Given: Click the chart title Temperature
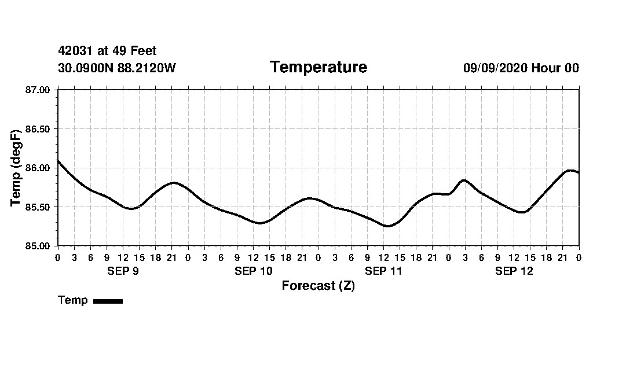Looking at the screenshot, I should [318, 67].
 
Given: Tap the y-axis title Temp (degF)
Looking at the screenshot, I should [16, 168].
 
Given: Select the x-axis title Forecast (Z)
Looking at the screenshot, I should [318, 285].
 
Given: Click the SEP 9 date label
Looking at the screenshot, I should [123, 271].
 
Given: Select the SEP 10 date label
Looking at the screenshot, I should [253, 271].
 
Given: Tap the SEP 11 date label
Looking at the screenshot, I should [383, 271].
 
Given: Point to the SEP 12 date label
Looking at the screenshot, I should [514, 271].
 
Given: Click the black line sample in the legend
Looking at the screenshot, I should [108, 301].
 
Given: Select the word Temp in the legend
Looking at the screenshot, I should [73, 300].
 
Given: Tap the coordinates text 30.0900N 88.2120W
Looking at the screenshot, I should [117, 68].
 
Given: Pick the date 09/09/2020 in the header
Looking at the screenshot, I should [495, 68].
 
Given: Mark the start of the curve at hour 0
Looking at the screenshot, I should [58, 161].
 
